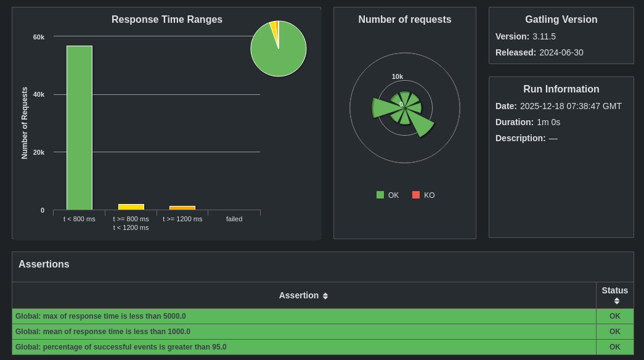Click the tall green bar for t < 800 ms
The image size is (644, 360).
pyautogui.click(x=79, y=128)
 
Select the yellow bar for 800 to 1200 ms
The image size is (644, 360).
pyautogui.click(x=131, y=207)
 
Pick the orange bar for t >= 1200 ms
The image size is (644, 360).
pyautogui.click(x=182, y=208)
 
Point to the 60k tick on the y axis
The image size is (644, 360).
pyautogui.click(x=39, y=37)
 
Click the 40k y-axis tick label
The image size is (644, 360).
pyautogui.click(x=39, y=94)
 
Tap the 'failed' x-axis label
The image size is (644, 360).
pyautogui.click(x=234, y=219)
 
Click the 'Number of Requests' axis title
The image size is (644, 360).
pyautogui.click(x=25, y=123)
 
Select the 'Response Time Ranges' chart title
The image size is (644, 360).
pyautogui.click(x=167, y=19)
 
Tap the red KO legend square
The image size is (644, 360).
pyautogui.click(x=416, y=195)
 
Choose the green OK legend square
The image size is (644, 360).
pyautogui.click(x=380, y=195)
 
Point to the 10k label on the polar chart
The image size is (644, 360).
pyautogui.click(x=397, y=76)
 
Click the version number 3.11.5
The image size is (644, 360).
pyautogui.click(x=544, y=36)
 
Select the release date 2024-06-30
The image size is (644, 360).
pyautogui.click(x=561, y=52)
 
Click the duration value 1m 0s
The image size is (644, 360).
pyautogui.click(x=548, y=122)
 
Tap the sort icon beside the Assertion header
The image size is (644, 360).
pyautogui.click(x=325, y=296)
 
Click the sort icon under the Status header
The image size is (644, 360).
pyautogui.click(x=617, y=301)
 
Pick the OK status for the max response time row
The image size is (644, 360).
pyautogui.click(x=615, y=316)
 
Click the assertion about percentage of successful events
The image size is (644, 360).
pyautogui.click(x=121, y=347)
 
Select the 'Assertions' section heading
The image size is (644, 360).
pyautogui.click(x=44, y=264)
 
